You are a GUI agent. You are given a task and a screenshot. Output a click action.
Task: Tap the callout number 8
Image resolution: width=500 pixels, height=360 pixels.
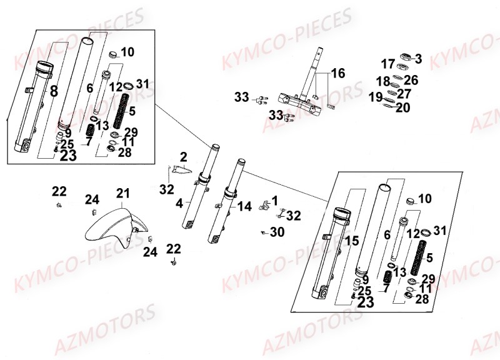[x=54, y=92]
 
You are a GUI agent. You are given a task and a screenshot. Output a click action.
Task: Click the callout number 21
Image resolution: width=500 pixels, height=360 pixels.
[x=122, y=194]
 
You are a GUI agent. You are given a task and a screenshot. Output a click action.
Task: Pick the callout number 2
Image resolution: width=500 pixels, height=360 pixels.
[x=184, y=156]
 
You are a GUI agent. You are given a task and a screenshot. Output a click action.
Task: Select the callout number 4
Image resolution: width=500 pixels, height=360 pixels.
[x=179, y=202]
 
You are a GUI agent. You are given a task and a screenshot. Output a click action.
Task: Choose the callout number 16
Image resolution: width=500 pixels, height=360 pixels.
[x=337, y=74]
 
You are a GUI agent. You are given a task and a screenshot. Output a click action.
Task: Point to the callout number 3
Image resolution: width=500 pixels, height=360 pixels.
[x=418, y=59]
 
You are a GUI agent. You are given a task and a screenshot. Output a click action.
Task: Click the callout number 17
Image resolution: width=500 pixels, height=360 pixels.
[x=387, y=64]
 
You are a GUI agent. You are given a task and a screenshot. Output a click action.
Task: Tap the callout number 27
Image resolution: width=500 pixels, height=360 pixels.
[x=404, y=94]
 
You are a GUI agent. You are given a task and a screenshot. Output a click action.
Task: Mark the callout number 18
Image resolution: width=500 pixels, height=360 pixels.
[x=383, y=81]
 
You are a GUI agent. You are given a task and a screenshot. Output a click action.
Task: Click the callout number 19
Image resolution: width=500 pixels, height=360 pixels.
[x=376, y=97]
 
